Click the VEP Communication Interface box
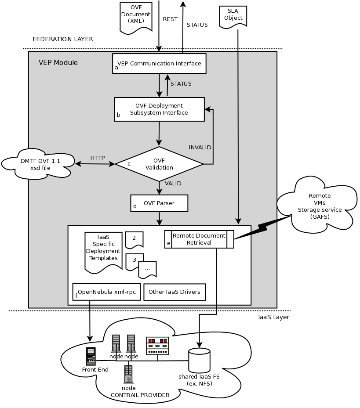[159, 63]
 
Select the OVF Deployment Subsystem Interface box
[159, 109]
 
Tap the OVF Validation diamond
[159, 164]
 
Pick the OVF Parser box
[159, 203]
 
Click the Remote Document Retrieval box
[199, 239]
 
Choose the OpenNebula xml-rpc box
[106, 292]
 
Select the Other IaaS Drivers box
[175, 292]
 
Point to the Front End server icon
[91, 356]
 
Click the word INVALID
[200, 147]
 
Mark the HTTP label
[98, 158]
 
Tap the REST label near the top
[170, 19]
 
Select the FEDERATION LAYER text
[63, 39]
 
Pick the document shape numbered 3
[135, 261]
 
